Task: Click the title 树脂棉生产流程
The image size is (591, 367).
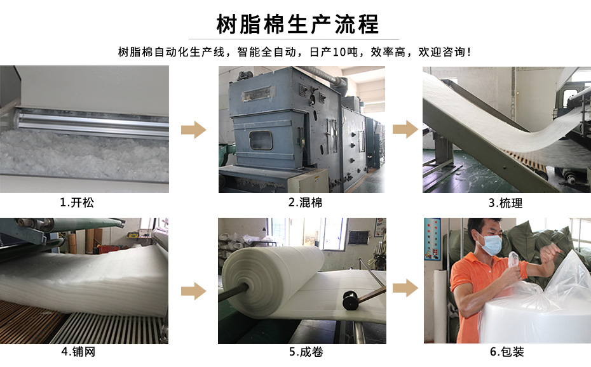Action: click(297, 24)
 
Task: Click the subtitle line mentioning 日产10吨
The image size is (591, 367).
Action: click(295, 52)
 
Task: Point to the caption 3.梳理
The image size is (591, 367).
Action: click(505, 203)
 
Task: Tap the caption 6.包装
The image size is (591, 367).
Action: click(506, 352)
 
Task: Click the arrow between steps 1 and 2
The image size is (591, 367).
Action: click(193, 131)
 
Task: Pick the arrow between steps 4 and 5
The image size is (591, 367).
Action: click(193, 291)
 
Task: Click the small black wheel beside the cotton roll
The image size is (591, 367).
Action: click(350, 300)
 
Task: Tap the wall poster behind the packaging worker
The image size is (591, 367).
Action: click(431, 239)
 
